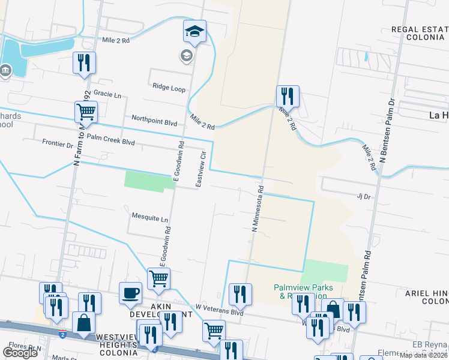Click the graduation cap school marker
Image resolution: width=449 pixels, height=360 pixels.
pos(194,31)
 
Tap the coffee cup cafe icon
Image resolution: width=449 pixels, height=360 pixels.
pos(130,293)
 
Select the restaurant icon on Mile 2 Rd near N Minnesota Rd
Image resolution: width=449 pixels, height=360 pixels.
pos(288,96)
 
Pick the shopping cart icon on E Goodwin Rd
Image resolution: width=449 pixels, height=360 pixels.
pos(158,278)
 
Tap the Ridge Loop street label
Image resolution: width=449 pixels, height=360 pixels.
pos(169,88)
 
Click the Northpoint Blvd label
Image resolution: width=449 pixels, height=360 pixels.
pos(154,122)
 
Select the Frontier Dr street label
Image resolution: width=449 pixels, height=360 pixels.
pos(58,143)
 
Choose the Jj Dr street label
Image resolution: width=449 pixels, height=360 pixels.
pos(364,196)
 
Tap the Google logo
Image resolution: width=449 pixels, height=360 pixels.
pos(20,352)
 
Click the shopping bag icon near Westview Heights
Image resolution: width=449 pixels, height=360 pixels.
pos(83,323)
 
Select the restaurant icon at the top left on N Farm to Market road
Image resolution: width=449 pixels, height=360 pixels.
pos(83,62)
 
